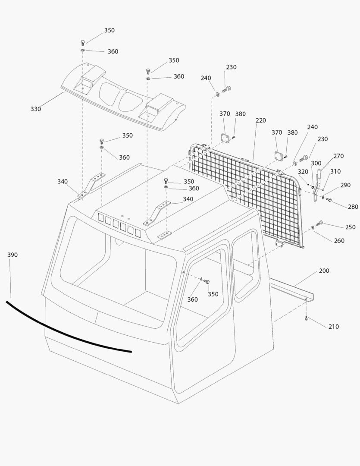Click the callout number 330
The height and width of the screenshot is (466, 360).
35,109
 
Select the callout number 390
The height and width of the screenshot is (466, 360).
13,255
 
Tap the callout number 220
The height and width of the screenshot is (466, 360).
260,120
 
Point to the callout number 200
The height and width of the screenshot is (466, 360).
324,271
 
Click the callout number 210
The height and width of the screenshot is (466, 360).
333,327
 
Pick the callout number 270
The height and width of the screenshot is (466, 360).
338,156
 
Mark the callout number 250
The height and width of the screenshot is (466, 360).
350,227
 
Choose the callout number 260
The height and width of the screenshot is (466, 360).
339,241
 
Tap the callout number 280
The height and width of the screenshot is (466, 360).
353,207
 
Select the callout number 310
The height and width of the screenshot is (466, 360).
335,171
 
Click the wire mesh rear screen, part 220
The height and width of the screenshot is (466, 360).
246,194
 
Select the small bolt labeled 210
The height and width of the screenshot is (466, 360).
306,319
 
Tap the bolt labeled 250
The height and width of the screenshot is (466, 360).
320,223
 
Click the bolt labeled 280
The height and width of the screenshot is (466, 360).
329,200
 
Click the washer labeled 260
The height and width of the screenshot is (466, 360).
312,227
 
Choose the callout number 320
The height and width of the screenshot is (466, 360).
303,171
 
